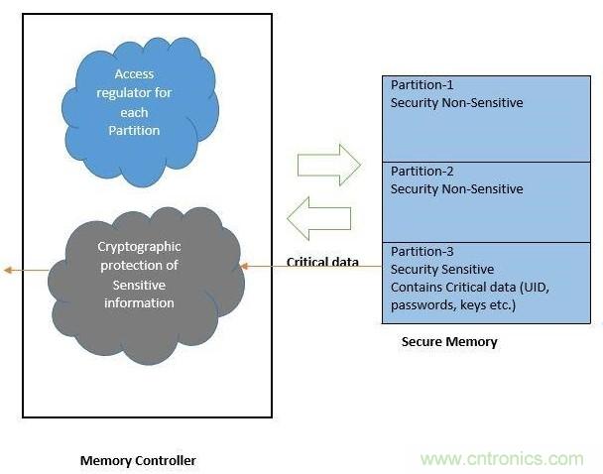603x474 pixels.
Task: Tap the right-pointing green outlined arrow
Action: click(328, 164)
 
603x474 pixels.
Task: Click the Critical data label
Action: click(322, 262)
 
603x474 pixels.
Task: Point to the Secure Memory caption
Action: click(449, 342)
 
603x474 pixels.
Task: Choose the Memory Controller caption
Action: click(138, 460)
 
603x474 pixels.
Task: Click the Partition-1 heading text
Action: click(422, 85)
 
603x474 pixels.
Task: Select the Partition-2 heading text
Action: click(422, 171)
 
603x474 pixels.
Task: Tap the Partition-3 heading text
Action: click(422, 252)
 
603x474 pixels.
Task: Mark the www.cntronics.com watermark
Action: click(502, 459)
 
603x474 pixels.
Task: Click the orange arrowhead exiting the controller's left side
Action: click(8, 270)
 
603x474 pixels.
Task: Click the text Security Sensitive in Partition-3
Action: click(441, 269)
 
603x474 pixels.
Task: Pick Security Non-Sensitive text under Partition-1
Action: click(456, 102)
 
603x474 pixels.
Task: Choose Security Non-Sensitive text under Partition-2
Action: click(456, 187)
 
